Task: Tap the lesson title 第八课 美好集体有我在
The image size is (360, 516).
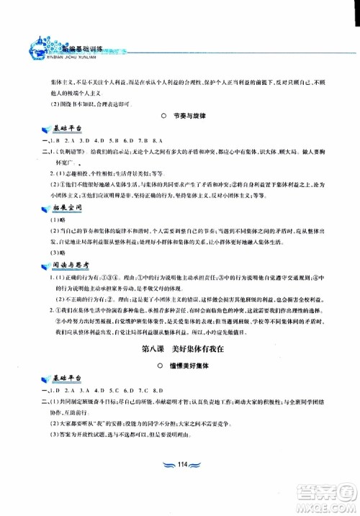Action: (x=179, y=350)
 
